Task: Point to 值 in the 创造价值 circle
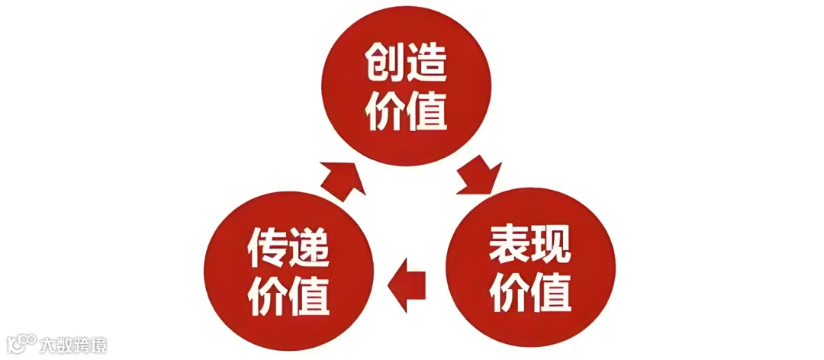coord(426,111)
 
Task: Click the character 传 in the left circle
coord(269,246)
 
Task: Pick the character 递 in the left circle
coord(310,246)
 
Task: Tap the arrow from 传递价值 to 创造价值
coord(341,178)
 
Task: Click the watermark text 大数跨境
coord(74,345)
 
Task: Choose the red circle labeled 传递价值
coord(289,271)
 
